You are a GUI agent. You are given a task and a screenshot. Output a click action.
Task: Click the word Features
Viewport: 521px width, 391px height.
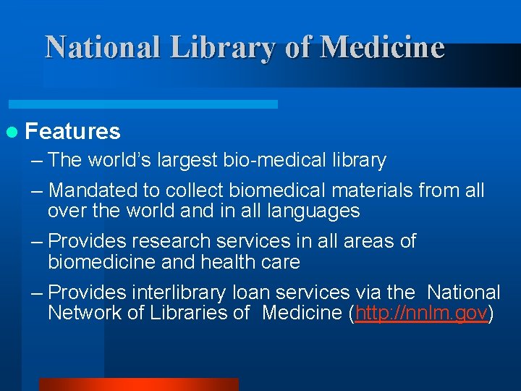(x=72, y=132)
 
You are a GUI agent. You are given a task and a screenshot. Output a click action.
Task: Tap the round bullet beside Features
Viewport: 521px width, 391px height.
(x=12, y=132)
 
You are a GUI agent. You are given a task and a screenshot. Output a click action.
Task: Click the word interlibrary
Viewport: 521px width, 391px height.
(x=178, y=293)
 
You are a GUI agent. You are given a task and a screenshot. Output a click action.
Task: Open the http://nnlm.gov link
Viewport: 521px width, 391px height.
(x=420, y=313)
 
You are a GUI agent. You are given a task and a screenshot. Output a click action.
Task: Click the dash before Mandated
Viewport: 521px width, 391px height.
(x=36, y=191)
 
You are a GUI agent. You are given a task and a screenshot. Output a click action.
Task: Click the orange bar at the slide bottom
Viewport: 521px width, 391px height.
(x=138, y=384)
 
